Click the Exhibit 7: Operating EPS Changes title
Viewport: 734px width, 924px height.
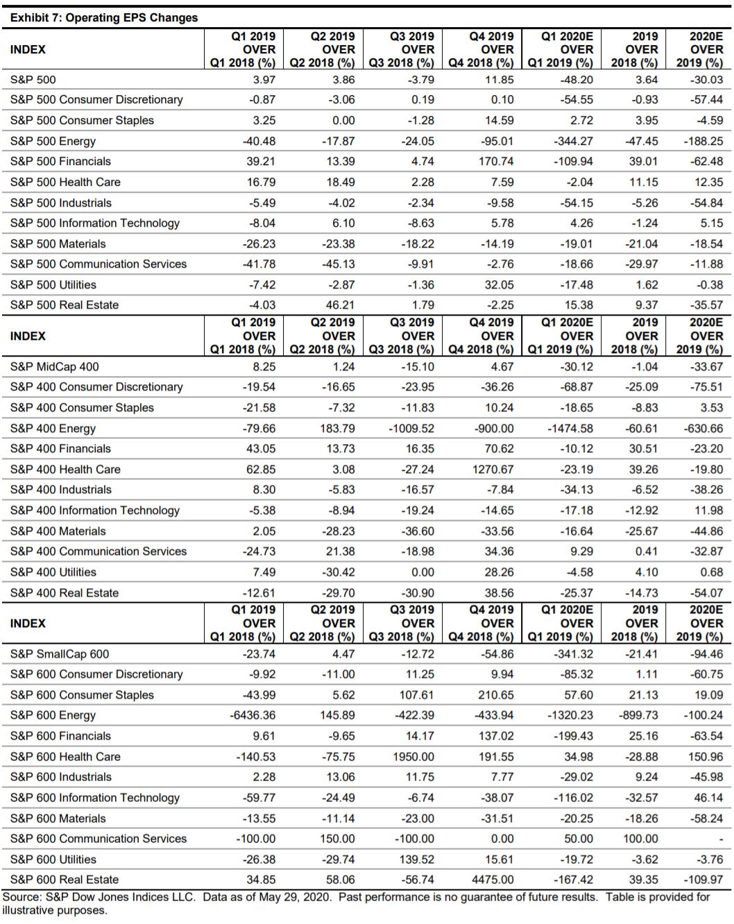click(104, 18)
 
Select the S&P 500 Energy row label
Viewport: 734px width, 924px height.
click(53, 141)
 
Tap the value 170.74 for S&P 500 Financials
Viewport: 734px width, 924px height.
click(496, 162)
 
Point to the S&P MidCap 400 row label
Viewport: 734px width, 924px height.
click(55, 367)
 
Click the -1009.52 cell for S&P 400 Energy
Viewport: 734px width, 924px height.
click(411, 429)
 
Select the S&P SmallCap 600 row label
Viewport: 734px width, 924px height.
click(60, 654)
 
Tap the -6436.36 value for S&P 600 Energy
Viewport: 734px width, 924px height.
click(252, 715)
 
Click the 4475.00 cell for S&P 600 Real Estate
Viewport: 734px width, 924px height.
click(493, 880)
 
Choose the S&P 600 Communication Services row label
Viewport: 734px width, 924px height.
click(99, 839)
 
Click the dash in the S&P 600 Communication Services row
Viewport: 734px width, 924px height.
click(721, 839)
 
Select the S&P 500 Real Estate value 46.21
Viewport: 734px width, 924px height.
click(340, 305)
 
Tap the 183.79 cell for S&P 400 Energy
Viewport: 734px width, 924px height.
click(337, 429)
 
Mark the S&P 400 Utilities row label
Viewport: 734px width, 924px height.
click(53, 572)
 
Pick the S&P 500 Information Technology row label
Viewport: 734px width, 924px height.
click(95, 223)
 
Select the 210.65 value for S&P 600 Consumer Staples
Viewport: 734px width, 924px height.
click(496, 695)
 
